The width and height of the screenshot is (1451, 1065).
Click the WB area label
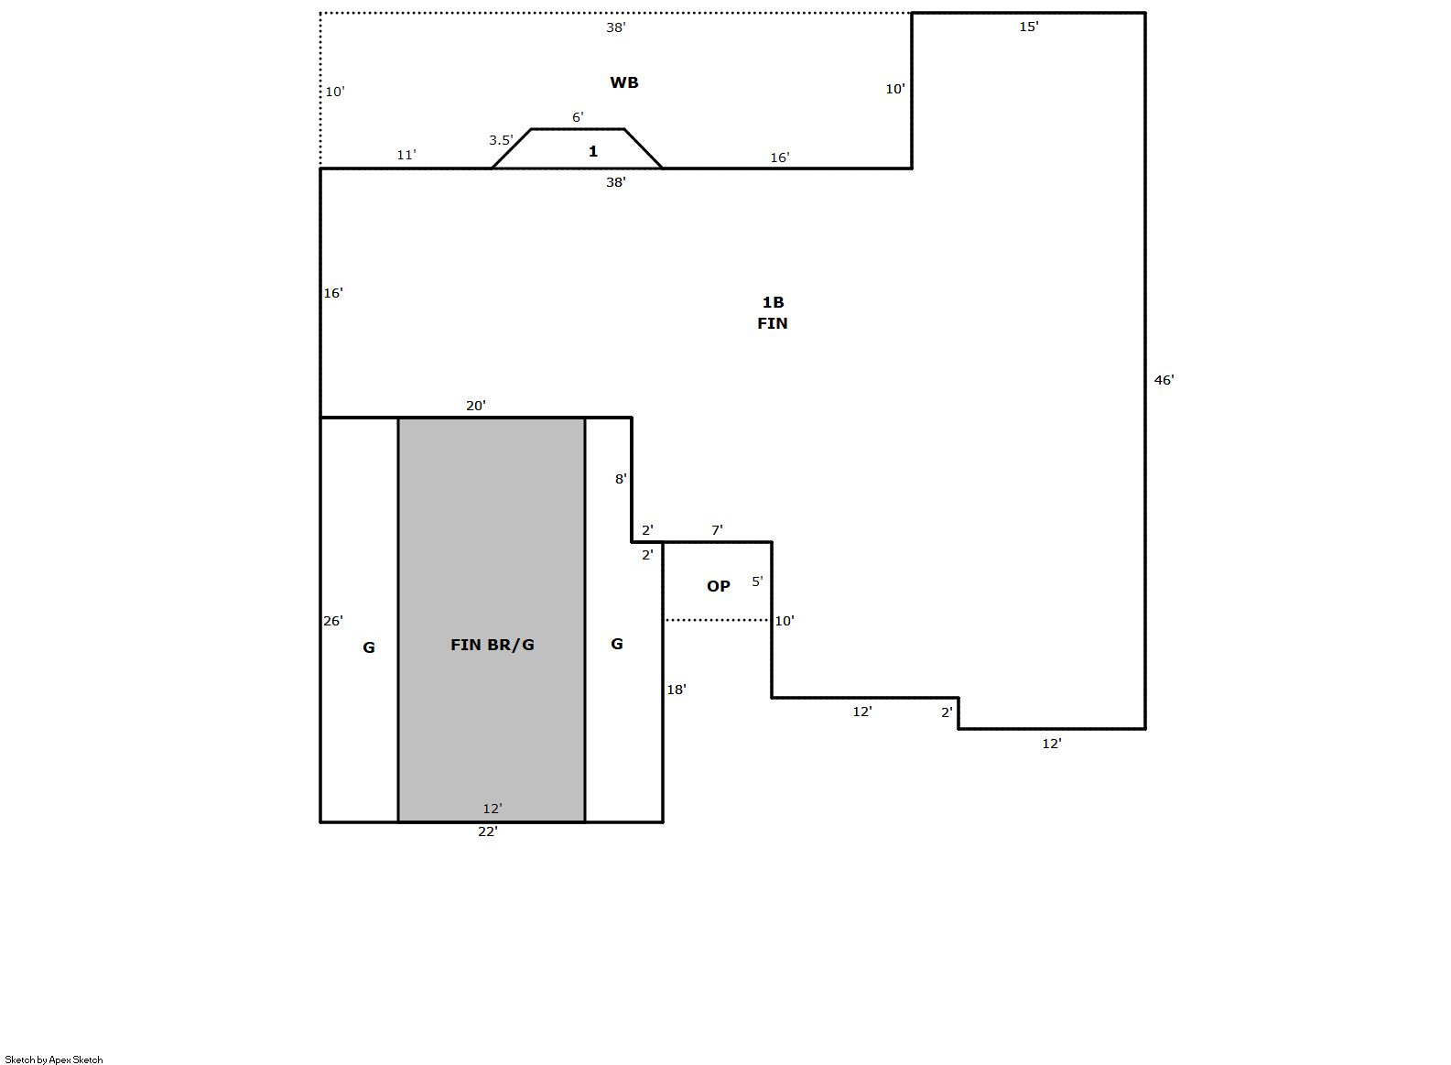[x=623, y=82]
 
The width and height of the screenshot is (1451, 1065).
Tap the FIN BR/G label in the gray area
[x=493, y=645]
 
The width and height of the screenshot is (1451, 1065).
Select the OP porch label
[x=718, y=586]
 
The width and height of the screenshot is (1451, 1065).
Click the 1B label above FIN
[x=773, y=302]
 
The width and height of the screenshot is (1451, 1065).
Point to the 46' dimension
[x=1164, y=380]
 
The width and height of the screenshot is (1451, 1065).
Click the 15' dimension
[x=1029, y=27]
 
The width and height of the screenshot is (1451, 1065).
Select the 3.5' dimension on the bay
[x=501, y=140]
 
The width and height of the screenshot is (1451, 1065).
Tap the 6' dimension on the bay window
[x=578, y=117]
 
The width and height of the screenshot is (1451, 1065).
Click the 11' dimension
[x=406, y=155]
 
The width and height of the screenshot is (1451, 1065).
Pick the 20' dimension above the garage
[x=475, y=406]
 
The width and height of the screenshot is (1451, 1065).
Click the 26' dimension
[x=333, y=621]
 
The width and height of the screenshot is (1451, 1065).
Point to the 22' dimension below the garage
[x=488, y=831]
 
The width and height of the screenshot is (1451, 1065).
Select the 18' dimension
[x=677, y=690]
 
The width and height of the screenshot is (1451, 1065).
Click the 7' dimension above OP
[x=717, y=530]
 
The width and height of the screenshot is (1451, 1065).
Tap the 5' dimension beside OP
[x=757, y=581]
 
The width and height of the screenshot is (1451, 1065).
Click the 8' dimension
[x=621, y=479]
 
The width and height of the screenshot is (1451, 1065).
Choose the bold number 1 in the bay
[x=592, y=151]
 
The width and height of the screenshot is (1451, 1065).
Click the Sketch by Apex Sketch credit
[x=54, y=1060]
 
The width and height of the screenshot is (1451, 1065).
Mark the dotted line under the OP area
[x=717, y=620]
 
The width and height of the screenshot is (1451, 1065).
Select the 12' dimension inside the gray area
[x=493, y=809]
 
